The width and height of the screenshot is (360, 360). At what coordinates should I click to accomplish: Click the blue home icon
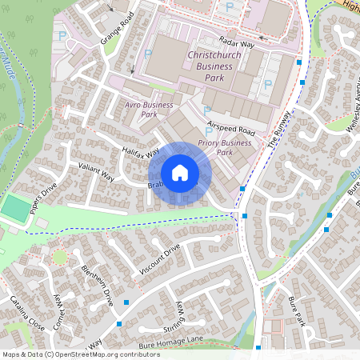(180, 172)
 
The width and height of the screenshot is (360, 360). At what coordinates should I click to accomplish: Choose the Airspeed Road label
(230, 128)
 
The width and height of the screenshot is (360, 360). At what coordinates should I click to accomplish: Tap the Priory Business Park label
(226, 147)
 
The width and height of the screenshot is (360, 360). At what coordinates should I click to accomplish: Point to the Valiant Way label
(96, 172)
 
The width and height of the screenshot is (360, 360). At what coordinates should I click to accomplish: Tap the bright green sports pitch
(14, 209)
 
